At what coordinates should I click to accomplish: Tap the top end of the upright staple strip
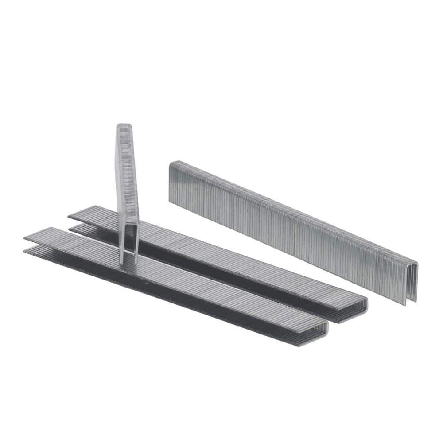pos(124,126)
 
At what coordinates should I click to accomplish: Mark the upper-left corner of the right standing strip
pos(171,163)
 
